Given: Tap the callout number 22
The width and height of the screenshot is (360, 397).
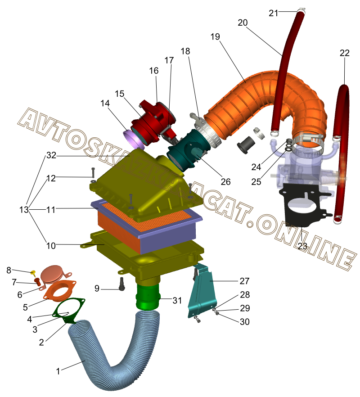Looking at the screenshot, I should tap(344, 53).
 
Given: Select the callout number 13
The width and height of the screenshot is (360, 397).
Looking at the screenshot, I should tap(24, 210).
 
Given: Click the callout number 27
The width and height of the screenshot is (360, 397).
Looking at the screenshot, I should tap(244, 281).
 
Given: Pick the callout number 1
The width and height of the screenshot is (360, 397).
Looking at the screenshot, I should tap(58, 372).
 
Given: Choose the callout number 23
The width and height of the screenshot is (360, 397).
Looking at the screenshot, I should tap(302, 246).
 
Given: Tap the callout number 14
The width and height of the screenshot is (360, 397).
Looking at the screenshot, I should tap(105, 104).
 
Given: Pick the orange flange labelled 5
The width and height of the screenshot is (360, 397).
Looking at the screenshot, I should tap(59, 292).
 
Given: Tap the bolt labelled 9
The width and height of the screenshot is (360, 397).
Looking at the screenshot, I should tap(121, 284).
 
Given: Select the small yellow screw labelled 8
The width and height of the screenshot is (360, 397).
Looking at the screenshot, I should tap(33, 273).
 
